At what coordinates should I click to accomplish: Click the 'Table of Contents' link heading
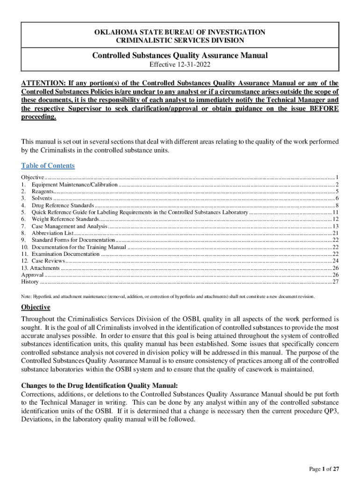[x=48, y=166]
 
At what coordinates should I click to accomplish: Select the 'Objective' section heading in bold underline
[x=36, y=307]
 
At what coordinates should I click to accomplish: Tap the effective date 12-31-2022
[x=180, y=65]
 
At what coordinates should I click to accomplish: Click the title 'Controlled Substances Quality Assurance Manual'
[x=180, y=56]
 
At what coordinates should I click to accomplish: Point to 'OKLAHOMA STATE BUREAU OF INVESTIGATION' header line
[x=180, y=32]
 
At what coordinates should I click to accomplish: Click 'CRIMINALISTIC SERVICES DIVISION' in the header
[x=180, y=41]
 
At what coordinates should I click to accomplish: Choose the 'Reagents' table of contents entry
[x=43, y=191]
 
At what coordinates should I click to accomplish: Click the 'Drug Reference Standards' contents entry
[x=63, y=205]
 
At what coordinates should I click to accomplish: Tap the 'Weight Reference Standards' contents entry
[x=65, y=219]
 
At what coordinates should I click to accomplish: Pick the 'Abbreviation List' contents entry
[x=52, y=233]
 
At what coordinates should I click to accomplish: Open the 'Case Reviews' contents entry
[x=48, y=261]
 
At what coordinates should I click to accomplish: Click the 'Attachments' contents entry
[x=44, y=268]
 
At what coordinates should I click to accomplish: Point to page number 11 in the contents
[x=335, y=212]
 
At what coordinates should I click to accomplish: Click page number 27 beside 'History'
[x=335, y=282]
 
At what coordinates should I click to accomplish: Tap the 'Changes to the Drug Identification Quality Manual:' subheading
[x=100, y=385]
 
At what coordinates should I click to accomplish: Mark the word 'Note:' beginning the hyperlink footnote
[x=27, y=297]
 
